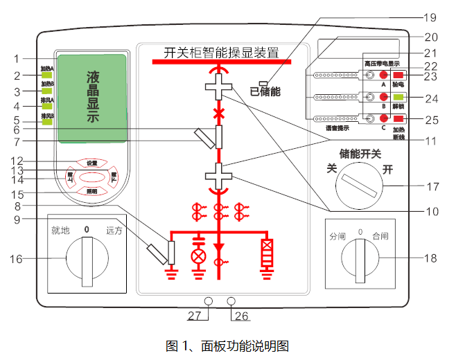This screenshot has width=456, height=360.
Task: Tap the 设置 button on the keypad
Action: pos(92,163)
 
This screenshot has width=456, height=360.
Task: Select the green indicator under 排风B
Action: pos(47,122)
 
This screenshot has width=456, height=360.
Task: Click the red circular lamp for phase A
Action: pos(382,75)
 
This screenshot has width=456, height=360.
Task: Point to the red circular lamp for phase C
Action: pos(382,119)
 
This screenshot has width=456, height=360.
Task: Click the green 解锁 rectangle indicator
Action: pos(398,97)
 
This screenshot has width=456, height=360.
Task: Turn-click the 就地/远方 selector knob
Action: pos(87,259)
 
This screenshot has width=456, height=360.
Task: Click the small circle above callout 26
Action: pos(231,301)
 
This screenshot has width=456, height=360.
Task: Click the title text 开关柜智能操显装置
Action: pos(221,52)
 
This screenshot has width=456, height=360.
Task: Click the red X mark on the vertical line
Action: pos(219,112)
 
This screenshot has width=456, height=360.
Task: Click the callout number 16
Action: pos(15,259)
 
